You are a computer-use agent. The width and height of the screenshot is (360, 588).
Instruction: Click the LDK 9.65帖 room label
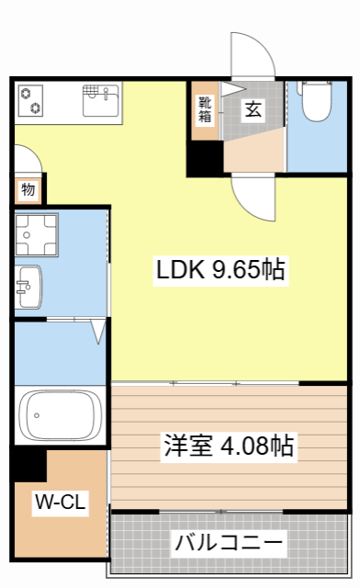219,270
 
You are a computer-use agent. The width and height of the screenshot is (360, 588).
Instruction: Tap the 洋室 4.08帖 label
229,447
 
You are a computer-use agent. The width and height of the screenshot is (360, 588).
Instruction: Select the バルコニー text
229,542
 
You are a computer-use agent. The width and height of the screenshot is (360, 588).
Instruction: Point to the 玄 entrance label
252,107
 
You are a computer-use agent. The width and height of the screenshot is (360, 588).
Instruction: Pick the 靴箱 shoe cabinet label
205,108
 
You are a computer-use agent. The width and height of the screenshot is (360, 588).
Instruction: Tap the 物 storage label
28,190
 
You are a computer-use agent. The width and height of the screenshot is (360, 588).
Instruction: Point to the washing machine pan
36,236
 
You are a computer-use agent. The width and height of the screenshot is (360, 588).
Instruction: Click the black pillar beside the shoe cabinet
204,158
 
